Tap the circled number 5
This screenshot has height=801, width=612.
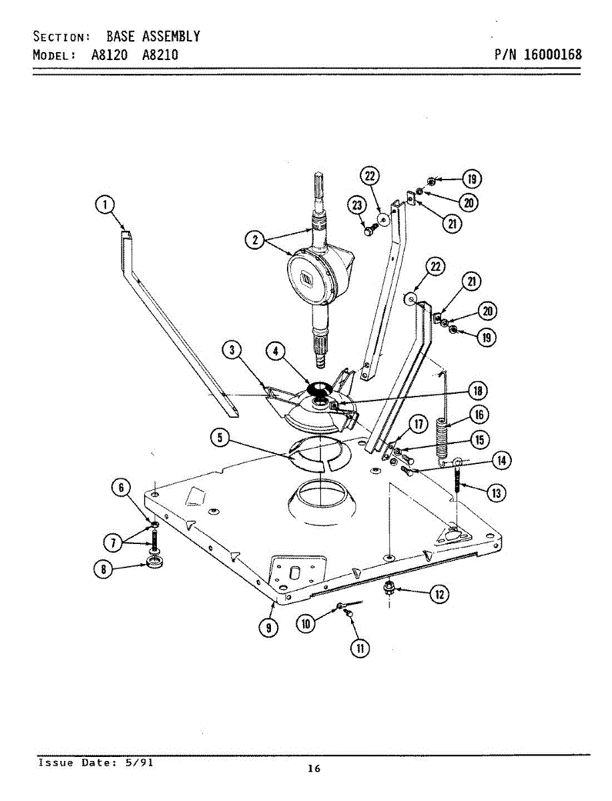(221, 438)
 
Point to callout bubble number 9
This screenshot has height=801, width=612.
(268, 627)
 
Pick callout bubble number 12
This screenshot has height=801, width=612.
(438, 594)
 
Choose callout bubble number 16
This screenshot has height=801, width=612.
(479, 415)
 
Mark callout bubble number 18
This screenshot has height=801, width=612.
(478, 390)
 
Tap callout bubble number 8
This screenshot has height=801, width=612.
(104, 569)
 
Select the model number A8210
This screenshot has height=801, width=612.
(160, 55)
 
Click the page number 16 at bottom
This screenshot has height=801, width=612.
(314, 768)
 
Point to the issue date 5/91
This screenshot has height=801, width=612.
(143, 762)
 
